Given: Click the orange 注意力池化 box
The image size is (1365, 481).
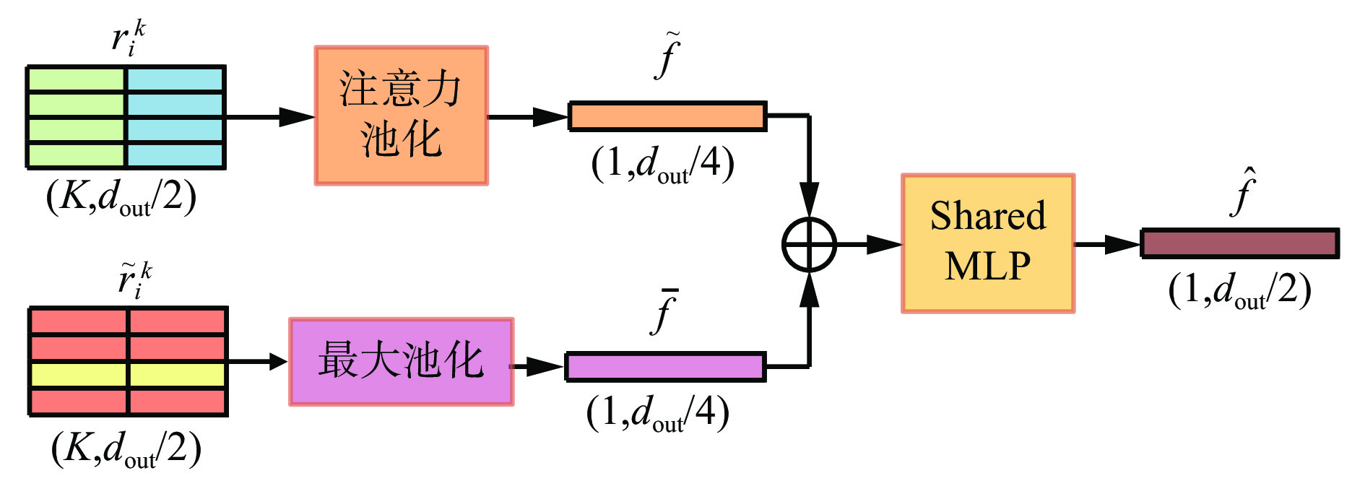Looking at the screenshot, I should (x=401, y=116).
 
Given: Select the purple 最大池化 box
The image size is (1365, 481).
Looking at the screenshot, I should (x=401, y=361).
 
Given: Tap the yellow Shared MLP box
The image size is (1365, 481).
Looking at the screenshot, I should (x=987, y=243).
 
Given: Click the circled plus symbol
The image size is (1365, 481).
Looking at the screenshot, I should (x=809, y=245).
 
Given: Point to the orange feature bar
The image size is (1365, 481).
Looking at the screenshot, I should (x=667, y=116).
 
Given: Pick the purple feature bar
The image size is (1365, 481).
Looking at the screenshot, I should (x=664, y=367).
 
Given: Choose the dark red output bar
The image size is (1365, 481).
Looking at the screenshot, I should (x=1239, y=243).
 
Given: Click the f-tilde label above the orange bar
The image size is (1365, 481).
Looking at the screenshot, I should (x=668, y=56).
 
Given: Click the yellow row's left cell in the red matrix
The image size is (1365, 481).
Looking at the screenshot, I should (x=79, y=375).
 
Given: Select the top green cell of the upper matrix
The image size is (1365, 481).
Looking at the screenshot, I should (x=77, y=79).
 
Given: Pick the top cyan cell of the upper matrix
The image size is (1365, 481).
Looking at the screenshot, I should (x=175, y=79).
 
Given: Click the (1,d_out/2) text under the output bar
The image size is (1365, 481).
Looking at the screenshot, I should (x=1239, y=290).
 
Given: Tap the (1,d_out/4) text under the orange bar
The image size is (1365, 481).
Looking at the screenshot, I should (x=662, y=164).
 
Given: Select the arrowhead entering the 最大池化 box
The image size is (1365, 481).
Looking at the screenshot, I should (x=278, y=361).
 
